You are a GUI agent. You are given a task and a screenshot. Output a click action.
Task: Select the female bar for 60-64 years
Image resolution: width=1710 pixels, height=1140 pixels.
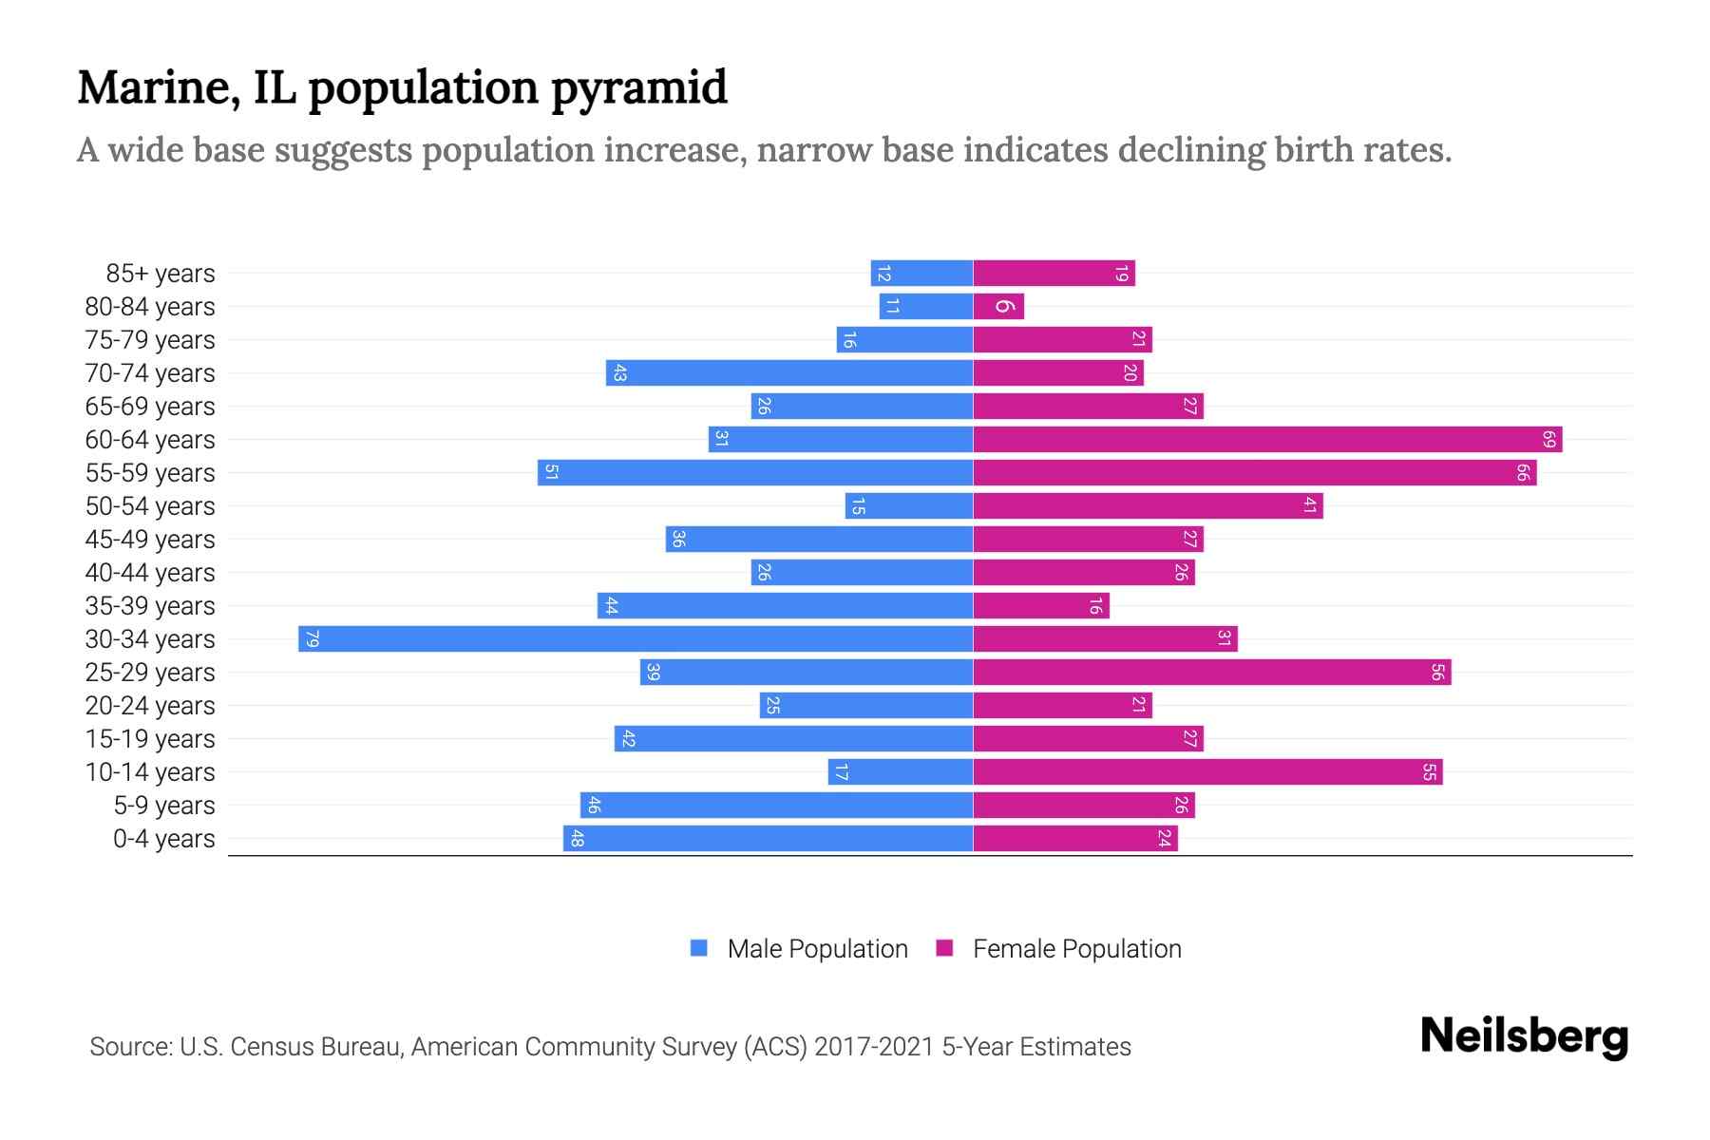point(1267,439)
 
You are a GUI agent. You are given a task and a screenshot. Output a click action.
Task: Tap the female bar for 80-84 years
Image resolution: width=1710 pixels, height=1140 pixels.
point(998,306)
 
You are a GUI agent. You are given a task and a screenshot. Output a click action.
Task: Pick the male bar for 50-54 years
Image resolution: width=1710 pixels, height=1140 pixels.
point(909,505)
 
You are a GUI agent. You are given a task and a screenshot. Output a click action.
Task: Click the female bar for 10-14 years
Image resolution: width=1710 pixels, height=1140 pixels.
point(1207,771)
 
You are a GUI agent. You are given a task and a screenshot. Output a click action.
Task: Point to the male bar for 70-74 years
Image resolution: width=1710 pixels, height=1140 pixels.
point(788,372)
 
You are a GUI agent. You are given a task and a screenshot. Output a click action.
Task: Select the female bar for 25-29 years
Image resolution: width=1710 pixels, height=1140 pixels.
point(1211,672)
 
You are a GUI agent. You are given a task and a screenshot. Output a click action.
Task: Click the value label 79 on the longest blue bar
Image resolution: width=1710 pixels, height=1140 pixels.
point(312,638)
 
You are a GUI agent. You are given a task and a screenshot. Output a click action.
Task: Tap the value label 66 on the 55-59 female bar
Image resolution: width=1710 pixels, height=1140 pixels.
point(1522,472)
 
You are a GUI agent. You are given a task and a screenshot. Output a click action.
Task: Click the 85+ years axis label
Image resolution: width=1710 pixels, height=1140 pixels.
point(160,274)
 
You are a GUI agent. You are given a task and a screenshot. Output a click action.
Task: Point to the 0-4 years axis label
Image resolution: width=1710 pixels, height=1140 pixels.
point(163,839)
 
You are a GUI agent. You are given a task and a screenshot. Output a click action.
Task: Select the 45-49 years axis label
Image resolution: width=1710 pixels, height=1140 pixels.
point(150,540)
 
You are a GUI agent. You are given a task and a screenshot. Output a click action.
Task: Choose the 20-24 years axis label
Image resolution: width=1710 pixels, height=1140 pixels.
point(150,706)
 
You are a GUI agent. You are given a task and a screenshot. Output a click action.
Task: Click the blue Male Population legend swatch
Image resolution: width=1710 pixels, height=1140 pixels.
point(699,948)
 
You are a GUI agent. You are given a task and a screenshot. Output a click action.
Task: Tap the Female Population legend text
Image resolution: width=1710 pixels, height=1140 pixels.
point(1076,948)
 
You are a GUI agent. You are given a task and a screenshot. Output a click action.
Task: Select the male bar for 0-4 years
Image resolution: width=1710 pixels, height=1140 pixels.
point(768,838)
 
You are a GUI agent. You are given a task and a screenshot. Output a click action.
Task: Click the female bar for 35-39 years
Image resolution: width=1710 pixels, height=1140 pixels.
point(1041,605)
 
